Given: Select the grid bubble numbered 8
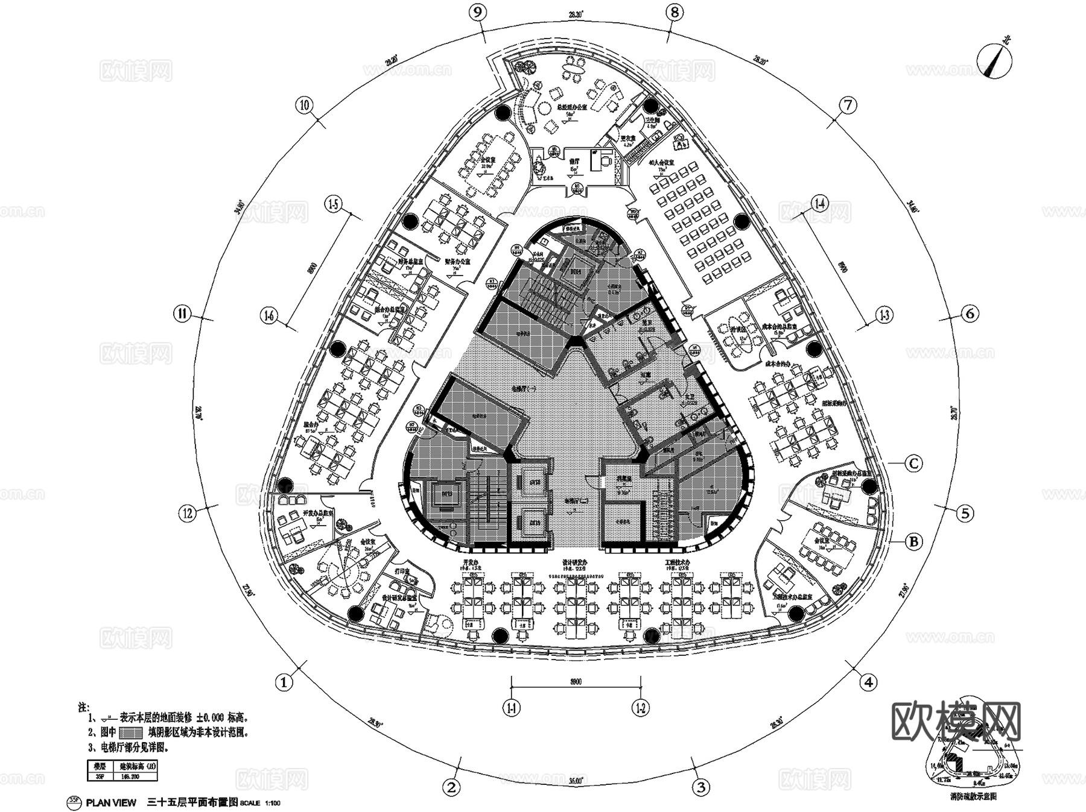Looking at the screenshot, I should [674, 13].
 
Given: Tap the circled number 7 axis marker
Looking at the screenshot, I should [848, 105].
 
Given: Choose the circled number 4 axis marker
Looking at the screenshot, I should [868, 682].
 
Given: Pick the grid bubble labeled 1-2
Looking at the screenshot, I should [641, 708].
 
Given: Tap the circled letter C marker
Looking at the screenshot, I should [913, 463].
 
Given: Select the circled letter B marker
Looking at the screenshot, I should [913, 541].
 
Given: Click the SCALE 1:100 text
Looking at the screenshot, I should [260, 803].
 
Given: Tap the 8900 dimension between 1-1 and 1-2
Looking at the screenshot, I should [576, 682].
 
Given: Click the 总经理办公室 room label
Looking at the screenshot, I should [571, 107].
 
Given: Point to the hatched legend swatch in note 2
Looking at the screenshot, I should [130, 733].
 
